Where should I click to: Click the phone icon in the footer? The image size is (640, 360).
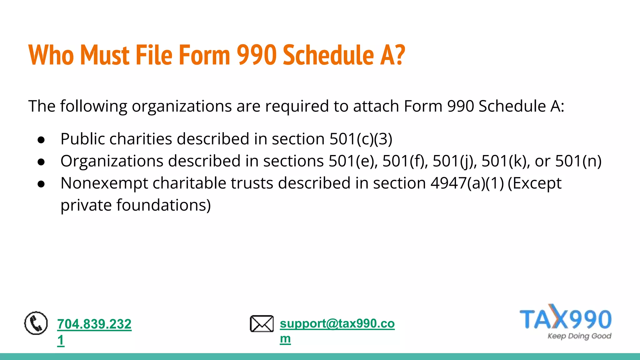[36, 323]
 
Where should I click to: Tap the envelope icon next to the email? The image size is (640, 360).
[262, 324]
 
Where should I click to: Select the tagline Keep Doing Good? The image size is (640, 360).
[579, 336]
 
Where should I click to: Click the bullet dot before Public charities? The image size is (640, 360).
[41, 140]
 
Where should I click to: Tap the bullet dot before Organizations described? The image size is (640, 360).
[41, 162]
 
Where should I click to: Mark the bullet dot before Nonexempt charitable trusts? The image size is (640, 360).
[41, 184]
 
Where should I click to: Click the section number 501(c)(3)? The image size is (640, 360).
[361, 139]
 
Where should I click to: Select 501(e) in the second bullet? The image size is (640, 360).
[353, 161]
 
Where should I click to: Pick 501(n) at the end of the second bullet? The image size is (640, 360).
[578, 161]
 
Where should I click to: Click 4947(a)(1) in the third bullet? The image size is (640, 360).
[467, 183]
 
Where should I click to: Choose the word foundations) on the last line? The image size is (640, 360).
[163, 205]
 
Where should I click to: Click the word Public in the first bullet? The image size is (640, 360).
[82, 139]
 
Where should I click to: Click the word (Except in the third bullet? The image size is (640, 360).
[535, 183]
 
